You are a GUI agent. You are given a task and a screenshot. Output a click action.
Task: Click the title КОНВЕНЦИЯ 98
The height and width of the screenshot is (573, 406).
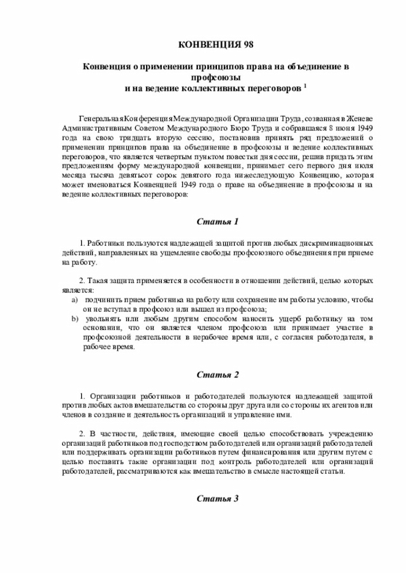coord(216,46)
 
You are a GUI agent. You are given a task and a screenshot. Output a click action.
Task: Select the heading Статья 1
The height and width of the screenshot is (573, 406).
coord(217,222)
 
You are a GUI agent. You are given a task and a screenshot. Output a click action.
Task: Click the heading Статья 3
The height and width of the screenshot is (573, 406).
coord(217,499)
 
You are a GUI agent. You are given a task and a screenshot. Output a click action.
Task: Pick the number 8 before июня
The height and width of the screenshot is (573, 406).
coord(323,129)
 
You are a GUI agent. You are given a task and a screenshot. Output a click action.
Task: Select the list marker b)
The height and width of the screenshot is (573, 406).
coord(74,318)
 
